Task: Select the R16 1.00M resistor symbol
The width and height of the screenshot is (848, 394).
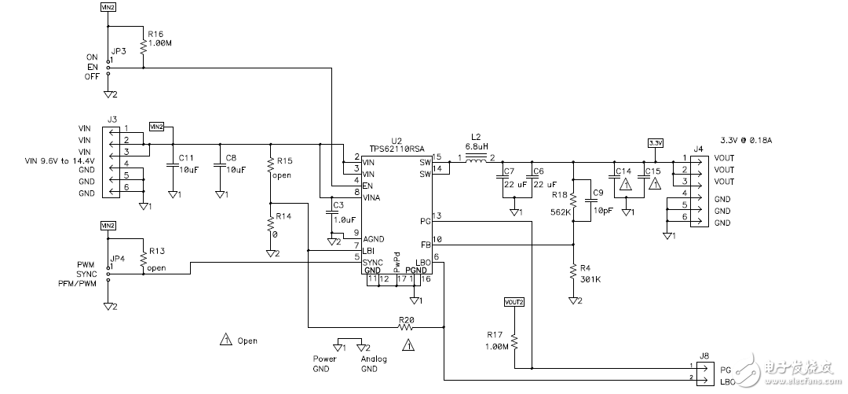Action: click(143, 48)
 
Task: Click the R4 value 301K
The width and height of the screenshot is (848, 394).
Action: click(590, 278)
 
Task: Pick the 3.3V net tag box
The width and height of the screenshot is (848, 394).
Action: click(655, 143)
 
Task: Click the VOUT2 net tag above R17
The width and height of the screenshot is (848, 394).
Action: click(514, 302)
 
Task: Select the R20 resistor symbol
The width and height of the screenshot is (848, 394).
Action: click(405, 326)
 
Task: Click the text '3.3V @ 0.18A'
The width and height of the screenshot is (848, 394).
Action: click(747, 139)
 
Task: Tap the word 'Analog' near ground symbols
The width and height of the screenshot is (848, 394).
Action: click(373, 359)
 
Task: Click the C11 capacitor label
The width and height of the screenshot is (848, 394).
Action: click(187, 157)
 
